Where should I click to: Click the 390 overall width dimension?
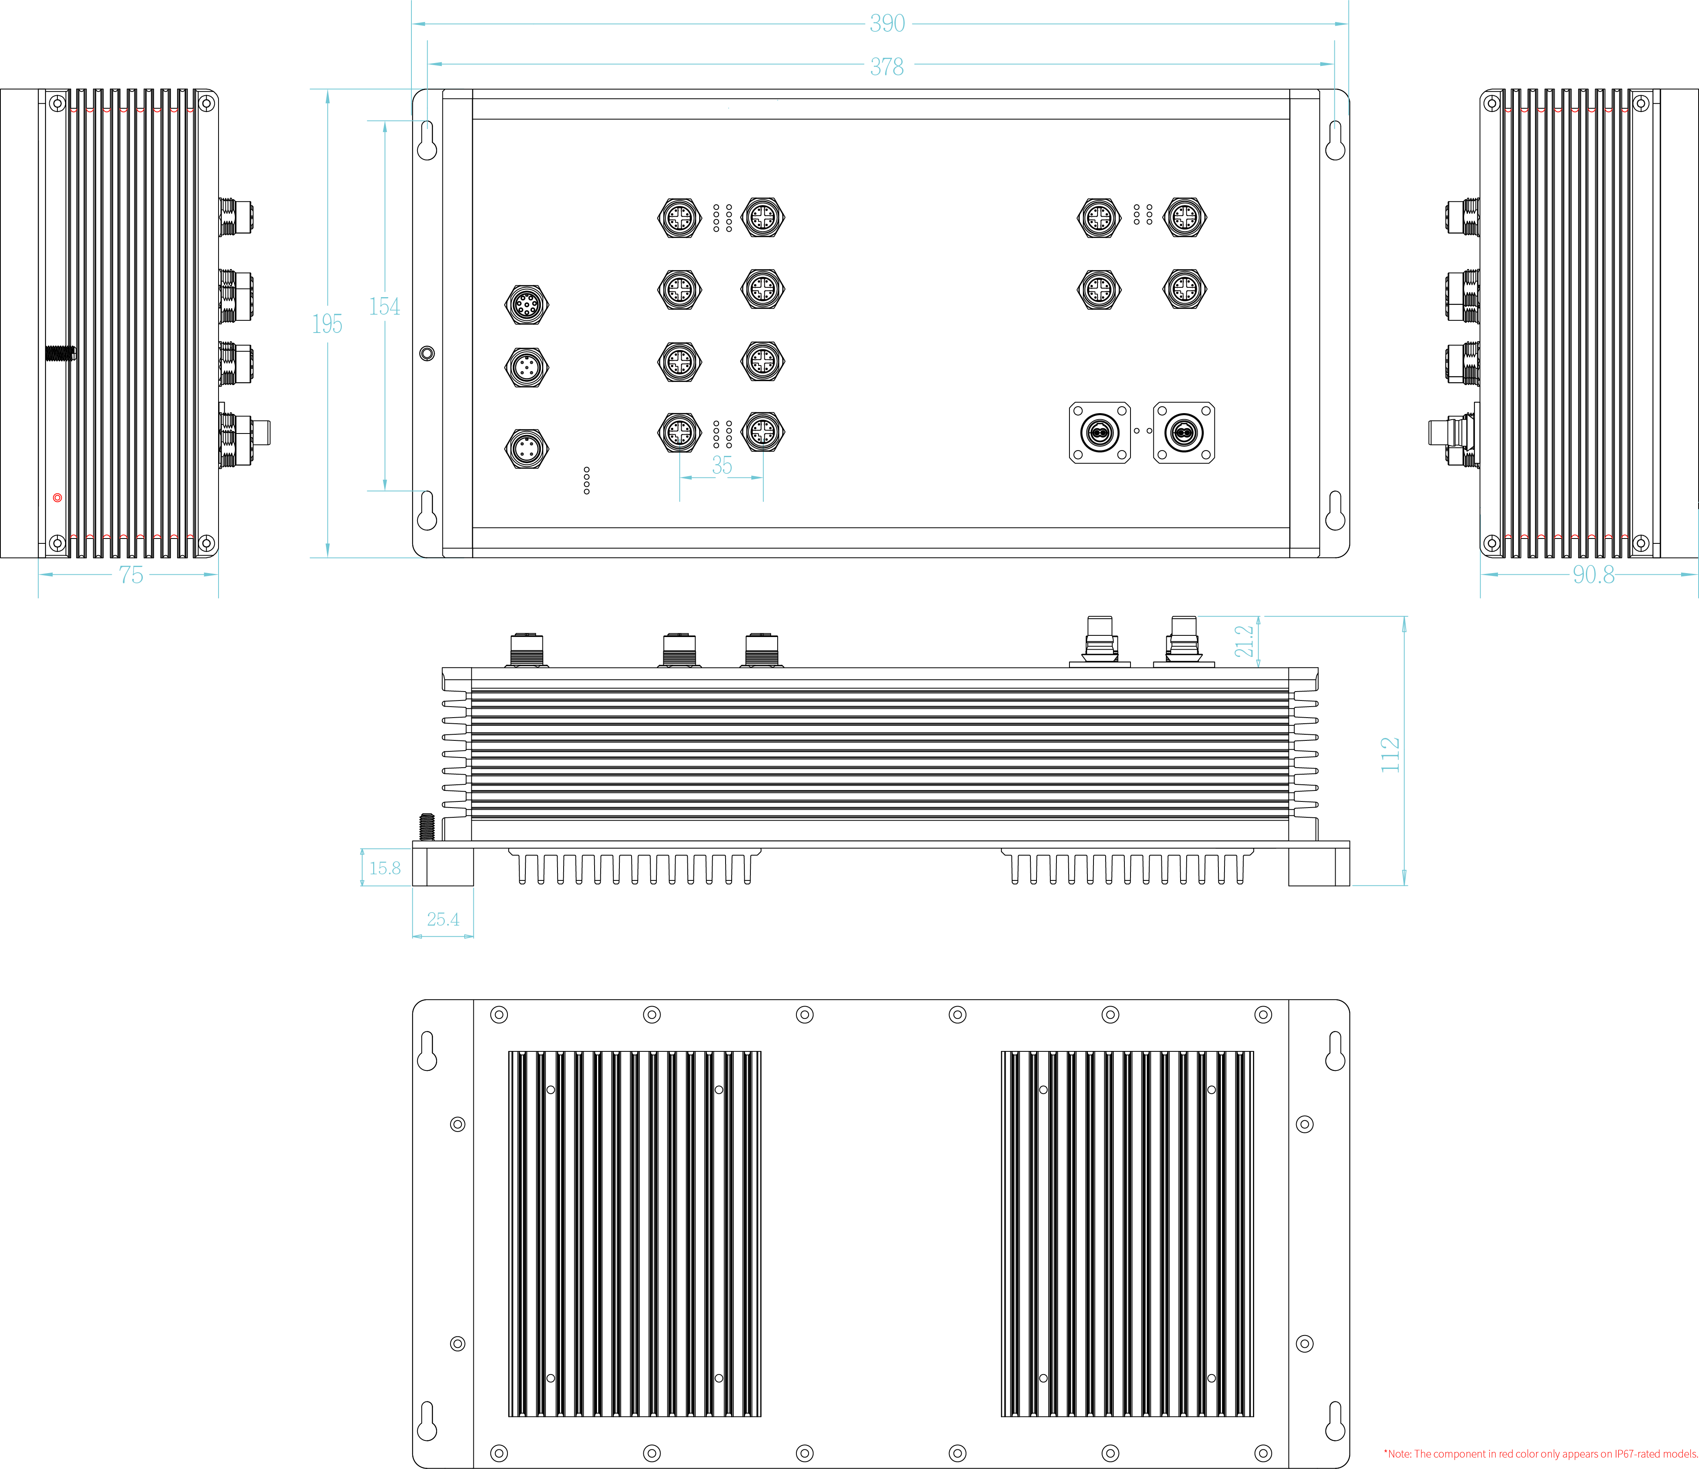coord(887,24)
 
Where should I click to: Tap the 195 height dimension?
coord(327,324)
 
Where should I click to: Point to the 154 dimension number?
coord(385,307)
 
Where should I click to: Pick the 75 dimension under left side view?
coord(131,575)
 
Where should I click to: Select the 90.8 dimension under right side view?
coord(1593,575)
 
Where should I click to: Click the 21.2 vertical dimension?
coord(1244,641)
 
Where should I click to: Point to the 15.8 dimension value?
coord(385,868)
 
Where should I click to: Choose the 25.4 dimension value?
coord(443,919)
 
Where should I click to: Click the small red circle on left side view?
coord(57,498)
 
